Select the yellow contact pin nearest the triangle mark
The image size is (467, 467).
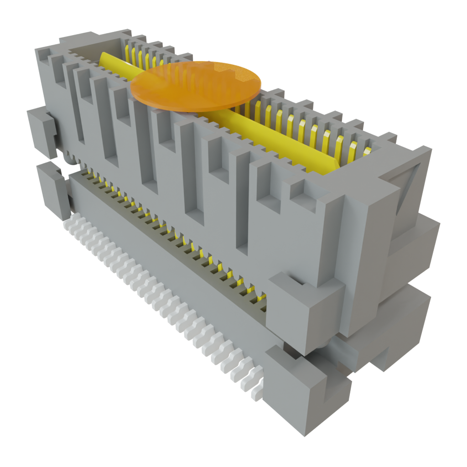coord(354,152)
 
